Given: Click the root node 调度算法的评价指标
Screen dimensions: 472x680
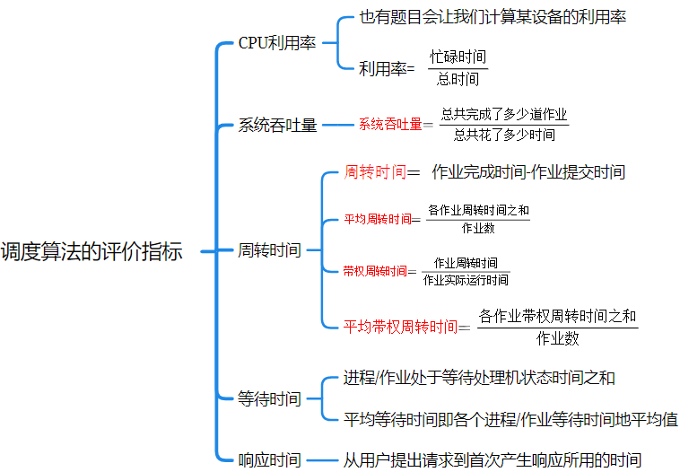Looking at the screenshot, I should (92, 251).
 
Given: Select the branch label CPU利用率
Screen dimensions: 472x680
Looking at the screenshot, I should (276, 43).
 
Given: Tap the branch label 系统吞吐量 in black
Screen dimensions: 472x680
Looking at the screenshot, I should (277, 125).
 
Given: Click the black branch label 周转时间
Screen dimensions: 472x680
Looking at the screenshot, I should (269, 250).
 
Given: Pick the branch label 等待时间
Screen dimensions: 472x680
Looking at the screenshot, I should (269, 399).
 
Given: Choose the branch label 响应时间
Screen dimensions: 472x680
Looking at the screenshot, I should (269, 459).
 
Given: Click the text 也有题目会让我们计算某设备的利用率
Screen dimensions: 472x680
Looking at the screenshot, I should (492, 17).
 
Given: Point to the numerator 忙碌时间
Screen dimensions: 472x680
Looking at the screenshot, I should (458, 57).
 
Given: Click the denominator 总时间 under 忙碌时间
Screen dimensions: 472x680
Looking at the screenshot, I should (458, 79).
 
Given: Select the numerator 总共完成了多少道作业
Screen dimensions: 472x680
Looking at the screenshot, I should (504, 116).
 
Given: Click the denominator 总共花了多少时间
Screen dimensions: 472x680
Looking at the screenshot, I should (504, 135).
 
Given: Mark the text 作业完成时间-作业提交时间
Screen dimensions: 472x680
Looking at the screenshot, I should (528, 171).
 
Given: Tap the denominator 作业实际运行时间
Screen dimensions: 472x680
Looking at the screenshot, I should (466, 280).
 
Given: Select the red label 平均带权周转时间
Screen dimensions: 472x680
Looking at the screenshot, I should (400, 326).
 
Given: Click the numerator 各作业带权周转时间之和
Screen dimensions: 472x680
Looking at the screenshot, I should (557, 316).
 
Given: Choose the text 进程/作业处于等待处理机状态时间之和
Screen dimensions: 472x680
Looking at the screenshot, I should (479, 378).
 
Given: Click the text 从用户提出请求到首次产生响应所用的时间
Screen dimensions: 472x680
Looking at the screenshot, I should (493, 459).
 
